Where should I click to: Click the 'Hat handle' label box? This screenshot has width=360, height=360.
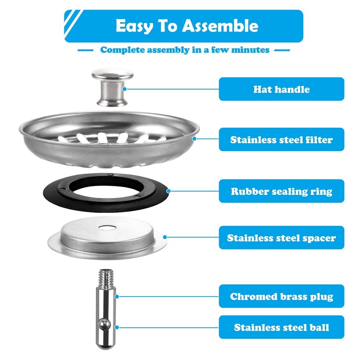pyautogui.click(x=281, y=89)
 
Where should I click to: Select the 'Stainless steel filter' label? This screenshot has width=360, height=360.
pyautogui.click(x=281, y=139)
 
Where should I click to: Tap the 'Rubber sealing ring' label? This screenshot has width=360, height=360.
pyautogui.click(x=281, y=191)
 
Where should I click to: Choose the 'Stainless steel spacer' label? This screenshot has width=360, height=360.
pyautogui.click(x=281, y=238)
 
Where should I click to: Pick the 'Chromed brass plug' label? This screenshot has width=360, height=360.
pyautogui.click(x=281, y=297)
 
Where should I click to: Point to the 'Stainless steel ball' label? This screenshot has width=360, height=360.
pyautogui.click(x=281, y=327)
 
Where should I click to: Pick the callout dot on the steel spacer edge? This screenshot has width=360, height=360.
pyautogui.click(x=166, y=237)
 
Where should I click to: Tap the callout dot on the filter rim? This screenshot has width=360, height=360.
pyautogui.click(x=195, y=139)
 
